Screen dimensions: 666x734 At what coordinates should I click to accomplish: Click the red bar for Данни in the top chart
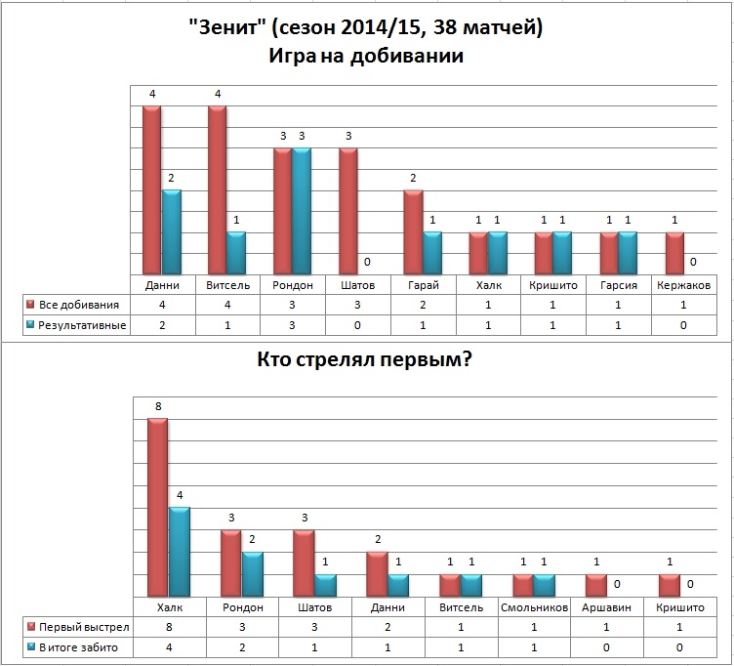point(151,190)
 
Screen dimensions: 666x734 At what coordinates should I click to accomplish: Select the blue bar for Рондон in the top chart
point(302,212)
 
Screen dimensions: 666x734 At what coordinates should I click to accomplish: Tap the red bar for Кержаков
point(673,254)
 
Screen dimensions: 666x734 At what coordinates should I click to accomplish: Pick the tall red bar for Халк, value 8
point(156,507)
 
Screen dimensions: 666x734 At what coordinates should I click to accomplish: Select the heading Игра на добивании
point(366,56)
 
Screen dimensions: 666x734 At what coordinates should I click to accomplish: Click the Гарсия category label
point(620,285)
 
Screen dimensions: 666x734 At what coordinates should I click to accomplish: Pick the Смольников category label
point(533,606)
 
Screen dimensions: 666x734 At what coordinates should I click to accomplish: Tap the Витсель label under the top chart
point(229,285)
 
